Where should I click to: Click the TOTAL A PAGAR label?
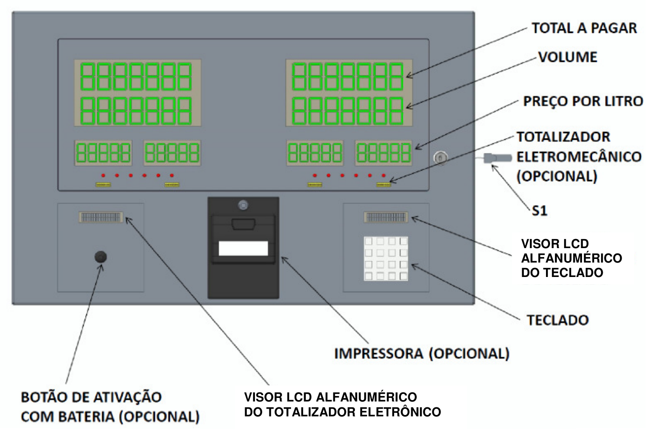click(584, 28)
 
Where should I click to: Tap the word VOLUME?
click(568, 57)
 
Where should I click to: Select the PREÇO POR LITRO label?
click(582, 101)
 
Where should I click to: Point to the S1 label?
click(539, 211)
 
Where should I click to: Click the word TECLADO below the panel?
click(558, 320)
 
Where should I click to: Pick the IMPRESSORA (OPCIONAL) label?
click(422, 354)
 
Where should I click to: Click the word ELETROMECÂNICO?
click(579, 157)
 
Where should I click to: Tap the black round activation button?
click(100, 257)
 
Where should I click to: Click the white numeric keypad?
click(386, 258)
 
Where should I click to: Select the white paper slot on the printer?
click(243, 248)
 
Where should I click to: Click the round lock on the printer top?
click(243, 205)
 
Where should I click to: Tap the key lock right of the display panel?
click(441, 158)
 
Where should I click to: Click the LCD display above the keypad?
click(386, 217)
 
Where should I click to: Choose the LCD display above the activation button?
click(100, 217)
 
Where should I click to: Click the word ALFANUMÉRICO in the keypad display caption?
click(572, 258)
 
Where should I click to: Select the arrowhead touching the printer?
click(284, 259)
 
